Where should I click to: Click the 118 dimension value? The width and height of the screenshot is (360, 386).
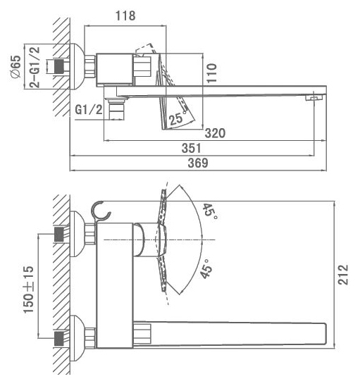point(125,15)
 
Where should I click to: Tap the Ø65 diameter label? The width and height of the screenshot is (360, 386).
point(15,67)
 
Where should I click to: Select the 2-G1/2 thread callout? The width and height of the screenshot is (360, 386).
point(35,67)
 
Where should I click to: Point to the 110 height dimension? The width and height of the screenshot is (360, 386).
point(211,73)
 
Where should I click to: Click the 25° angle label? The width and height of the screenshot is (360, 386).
point(178,118)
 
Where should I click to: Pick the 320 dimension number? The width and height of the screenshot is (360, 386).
point(215,133)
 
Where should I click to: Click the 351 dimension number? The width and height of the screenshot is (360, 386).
point(192,148)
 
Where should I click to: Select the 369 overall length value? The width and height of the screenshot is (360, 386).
point(198,163)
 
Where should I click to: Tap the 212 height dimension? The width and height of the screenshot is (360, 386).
point(343,275)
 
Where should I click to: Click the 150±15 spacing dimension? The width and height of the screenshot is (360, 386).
point(29,289)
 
